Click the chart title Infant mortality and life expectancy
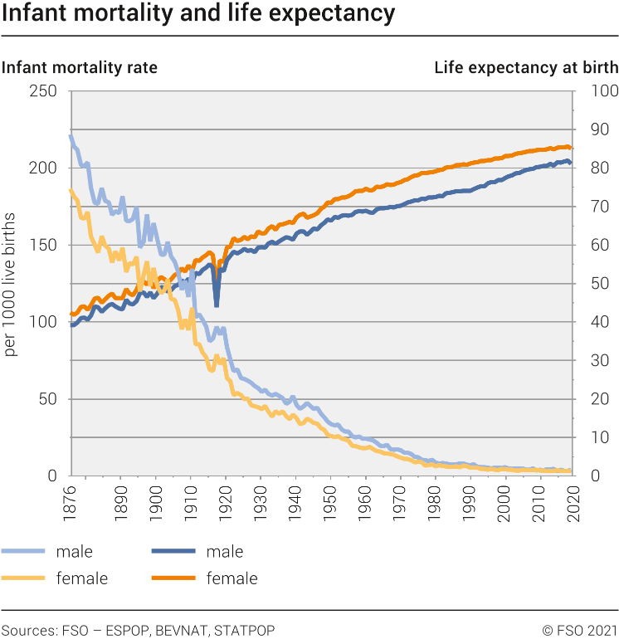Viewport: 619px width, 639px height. [x=197, y=15]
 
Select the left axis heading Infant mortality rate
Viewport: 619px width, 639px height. [x=80, y=67]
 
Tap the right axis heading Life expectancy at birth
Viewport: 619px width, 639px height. [x=526, y=67]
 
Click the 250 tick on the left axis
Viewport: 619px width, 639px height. [x=43, y=90]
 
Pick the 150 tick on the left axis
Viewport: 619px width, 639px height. [x=43, y=245]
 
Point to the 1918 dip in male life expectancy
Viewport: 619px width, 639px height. [x=217, y=305]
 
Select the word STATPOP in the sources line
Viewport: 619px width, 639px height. [x=244, y=631]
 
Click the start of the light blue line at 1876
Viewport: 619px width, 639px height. [x=71, y=136]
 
